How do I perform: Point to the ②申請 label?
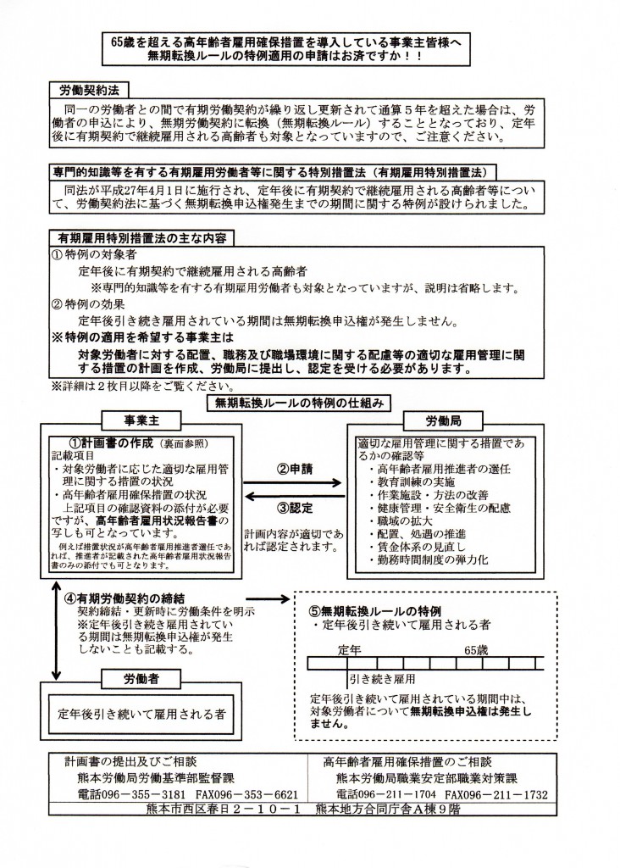(x=295, y=468)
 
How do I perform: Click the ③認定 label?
(x=295, y=509)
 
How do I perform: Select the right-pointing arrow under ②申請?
(x=292, y=485)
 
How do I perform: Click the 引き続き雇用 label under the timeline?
(x=382, y=679)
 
